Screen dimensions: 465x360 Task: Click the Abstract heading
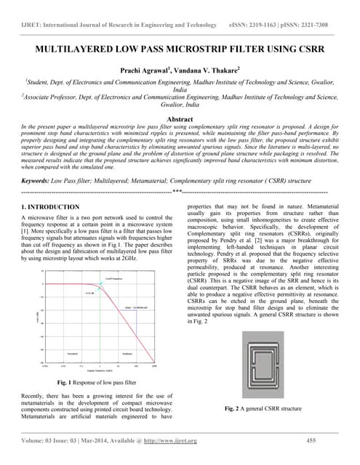180,118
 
